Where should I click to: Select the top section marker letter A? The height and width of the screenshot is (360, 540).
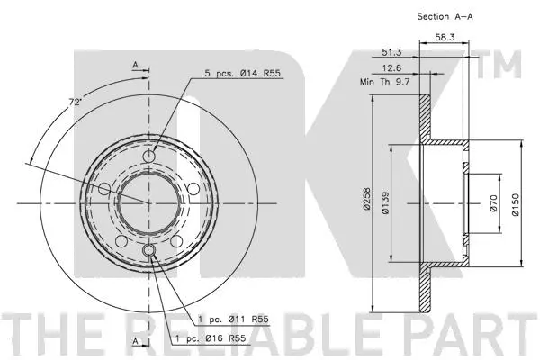click(134, 65)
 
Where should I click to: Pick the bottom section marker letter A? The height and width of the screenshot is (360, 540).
click(134, 343)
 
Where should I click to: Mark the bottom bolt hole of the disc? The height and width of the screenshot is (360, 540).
click(148, 250)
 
